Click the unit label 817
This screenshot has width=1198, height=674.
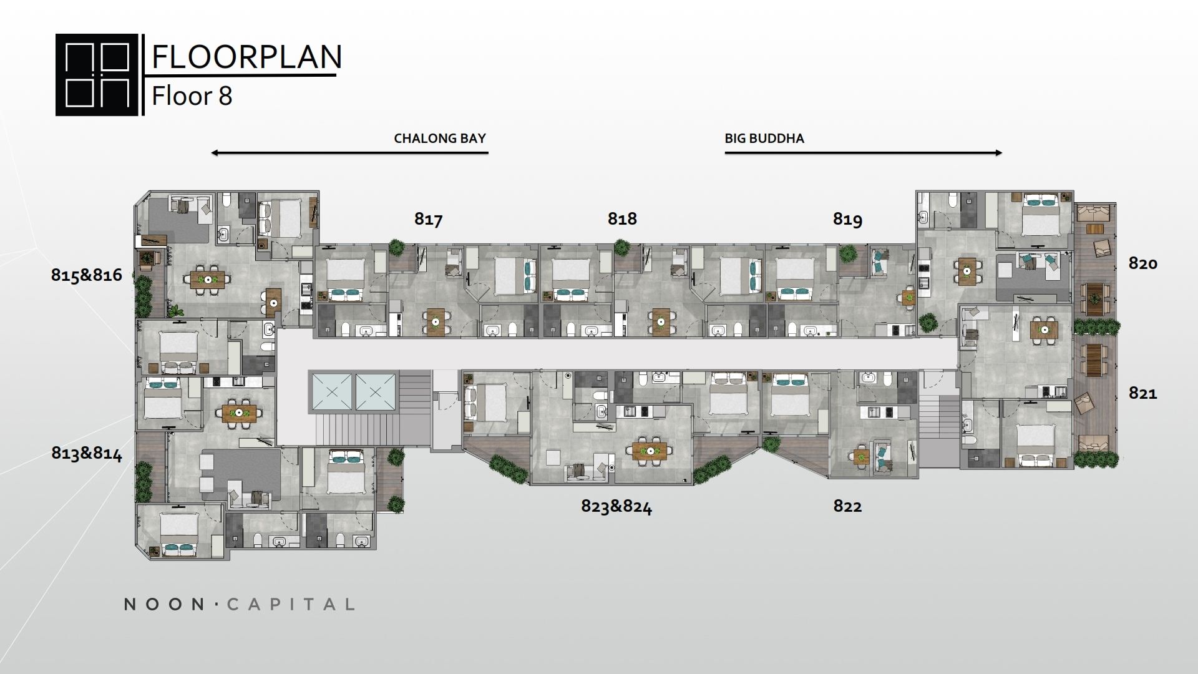(429, 219)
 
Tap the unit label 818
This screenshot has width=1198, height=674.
(622, 218)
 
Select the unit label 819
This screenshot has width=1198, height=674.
(847, 219)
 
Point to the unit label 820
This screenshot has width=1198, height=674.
(1142, 263)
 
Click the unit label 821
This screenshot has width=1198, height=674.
(1142, 393)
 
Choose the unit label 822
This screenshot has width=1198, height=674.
(847, 506)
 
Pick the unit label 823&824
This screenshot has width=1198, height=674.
(616, 506)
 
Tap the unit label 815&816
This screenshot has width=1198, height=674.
(87, 275)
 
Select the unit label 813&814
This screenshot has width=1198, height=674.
(87, 453)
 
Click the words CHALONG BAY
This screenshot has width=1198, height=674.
(440, 139)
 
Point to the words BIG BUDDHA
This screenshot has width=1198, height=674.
(764, 139)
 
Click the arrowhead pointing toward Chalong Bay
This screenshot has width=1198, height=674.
(215, 153)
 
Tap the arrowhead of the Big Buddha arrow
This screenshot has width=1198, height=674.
(998, 153)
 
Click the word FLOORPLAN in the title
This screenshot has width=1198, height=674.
(247, 57)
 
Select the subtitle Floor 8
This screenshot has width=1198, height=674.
(192, 96)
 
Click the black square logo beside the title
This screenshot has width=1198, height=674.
(97, 75)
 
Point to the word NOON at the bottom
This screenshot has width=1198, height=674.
(165, 604)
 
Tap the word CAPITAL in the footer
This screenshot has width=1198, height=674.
(291, 604)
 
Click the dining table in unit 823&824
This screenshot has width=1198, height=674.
(650, 449)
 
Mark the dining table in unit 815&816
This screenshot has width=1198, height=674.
(208, 278)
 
